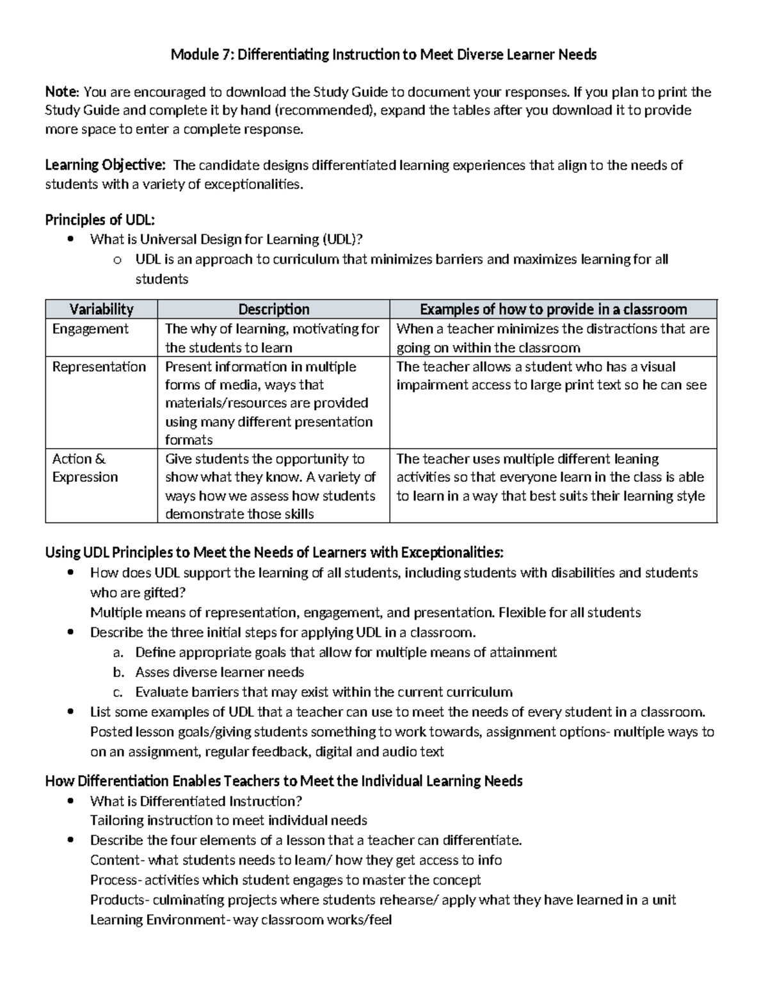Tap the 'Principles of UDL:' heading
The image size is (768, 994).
point(100,220)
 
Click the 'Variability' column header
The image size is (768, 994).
point(101,309)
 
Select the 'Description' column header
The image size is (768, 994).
point(273,309)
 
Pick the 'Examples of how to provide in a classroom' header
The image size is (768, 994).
point(553,309)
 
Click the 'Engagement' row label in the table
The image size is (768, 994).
point(90,329)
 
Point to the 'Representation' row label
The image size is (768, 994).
point(99,367)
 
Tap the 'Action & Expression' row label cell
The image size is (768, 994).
point(85,468)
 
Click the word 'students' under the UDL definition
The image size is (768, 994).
point(162,279)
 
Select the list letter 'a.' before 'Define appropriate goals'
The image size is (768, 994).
point(117,652)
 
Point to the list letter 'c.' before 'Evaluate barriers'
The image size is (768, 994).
point(117,692)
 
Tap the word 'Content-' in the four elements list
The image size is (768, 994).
point(118,860)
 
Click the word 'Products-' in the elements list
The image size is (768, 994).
point(120,900)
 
